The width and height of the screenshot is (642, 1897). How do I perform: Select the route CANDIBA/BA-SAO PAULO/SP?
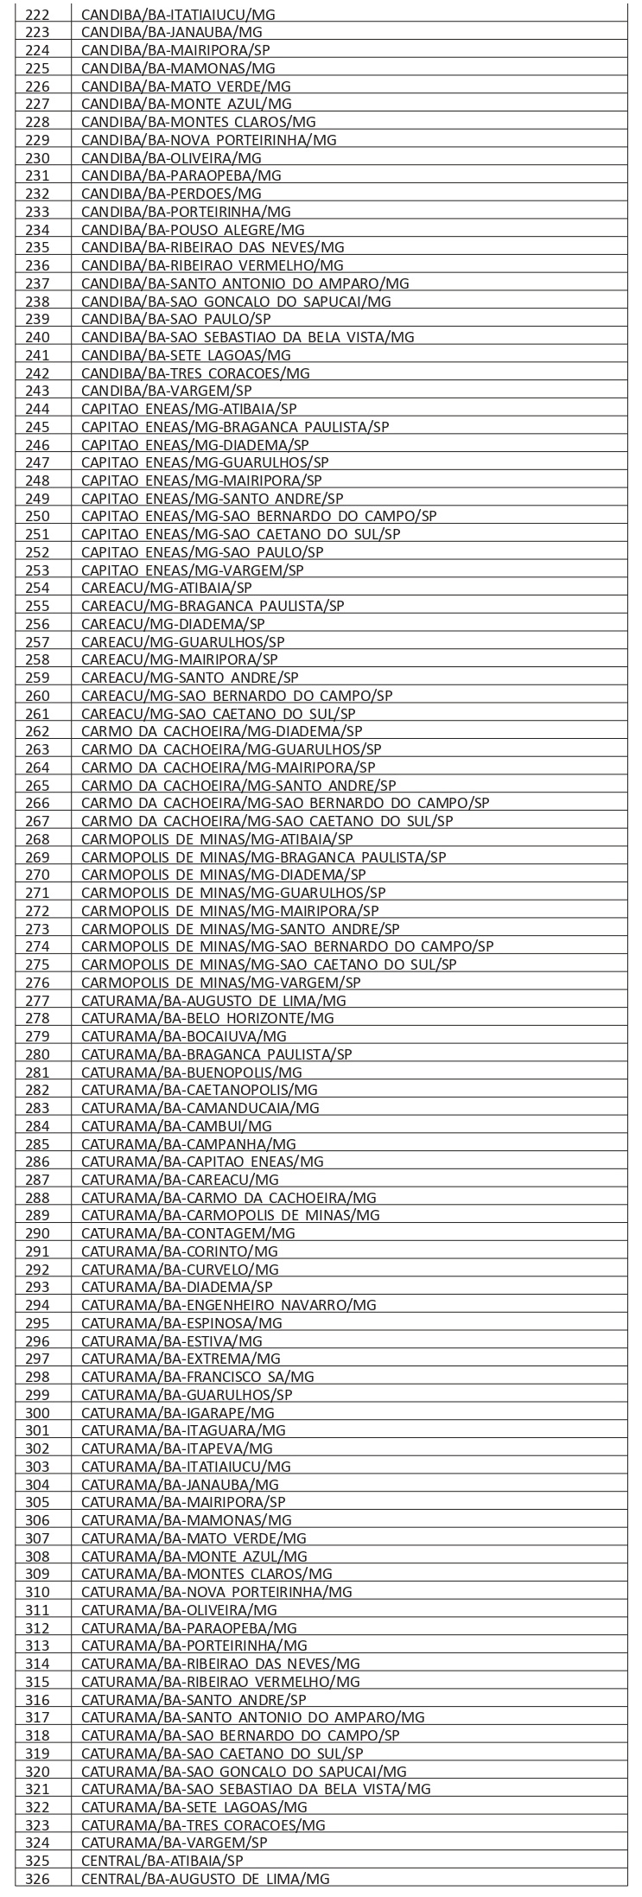click(174, 319)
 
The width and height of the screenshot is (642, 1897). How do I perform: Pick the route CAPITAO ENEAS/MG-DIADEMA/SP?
click(194, 445)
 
